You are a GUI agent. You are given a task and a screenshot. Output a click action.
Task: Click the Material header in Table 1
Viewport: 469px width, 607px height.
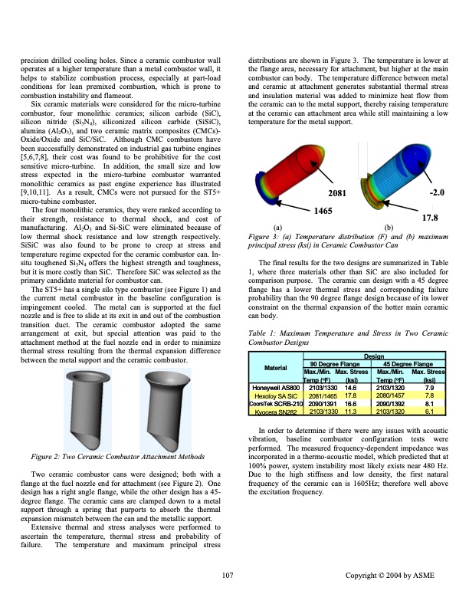click(277, 367)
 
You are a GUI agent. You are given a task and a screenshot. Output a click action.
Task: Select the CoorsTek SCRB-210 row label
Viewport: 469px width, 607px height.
click(274, 403)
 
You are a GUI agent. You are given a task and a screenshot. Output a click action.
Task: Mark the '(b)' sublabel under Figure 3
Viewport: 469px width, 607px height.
click(388, 227)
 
